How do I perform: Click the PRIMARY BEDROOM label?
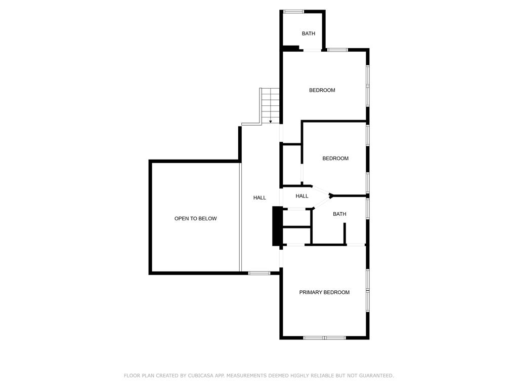(x=324, y=292)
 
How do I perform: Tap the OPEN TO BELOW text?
(x=196, y=219)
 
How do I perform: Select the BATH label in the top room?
(x=309, y=34)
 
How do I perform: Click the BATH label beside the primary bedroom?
(x=339, y=214)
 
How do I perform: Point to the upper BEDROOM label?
(x=322, y=90)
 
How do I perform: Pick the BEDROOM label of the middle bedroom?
(x=335, y=159)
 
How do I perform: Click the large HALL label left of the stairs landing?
(x=260, y=198)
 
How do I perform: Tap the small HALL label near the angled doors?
(x=302, y=196)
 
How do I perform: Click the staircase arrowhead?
(x=271, y=122)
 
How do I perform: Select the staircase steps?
(x=271, y=106)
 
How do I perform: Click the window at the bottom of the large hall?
(x=260, y=273)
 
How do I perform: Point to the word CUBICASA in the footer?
(x=200, y=376)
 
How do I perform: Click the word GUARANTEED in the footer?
(x=376, y=376)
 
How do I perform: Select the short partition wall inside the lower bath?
(x=344, y=234)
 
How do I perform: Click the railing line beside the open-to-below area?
(x=240, y=217)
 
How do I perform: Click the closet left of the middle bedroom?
(x=291, y=165)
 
